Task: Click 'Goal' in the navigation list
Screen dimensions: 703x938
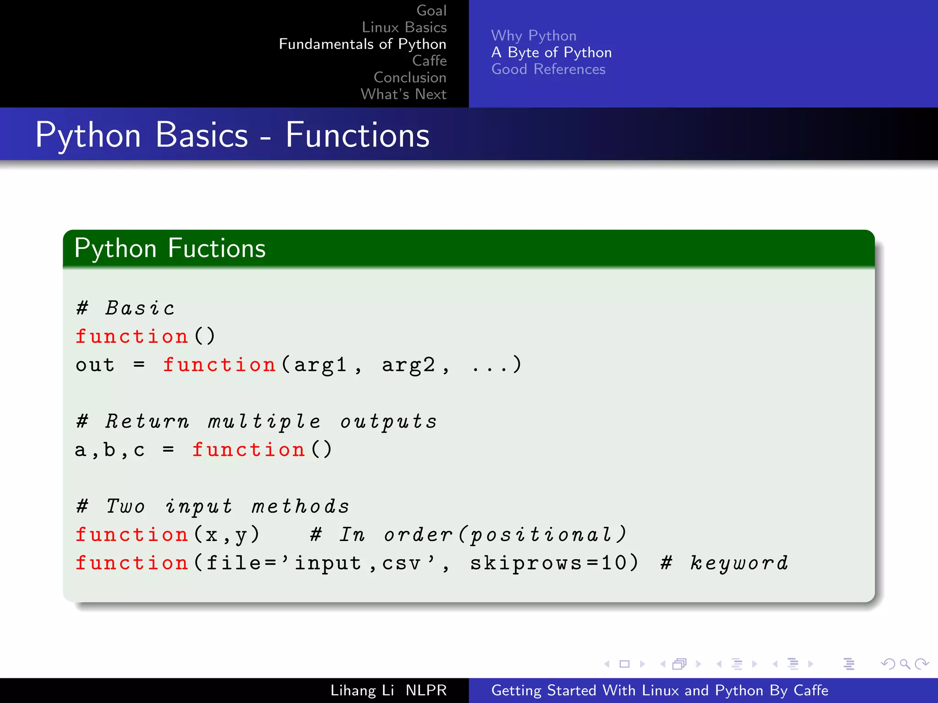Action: (x=431, y=11)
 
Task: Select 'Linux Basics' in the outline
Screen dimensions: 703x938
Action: (x=404, y=27)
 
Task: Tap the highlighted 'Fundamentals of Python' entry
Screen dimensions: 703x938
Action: (x=362, y=44)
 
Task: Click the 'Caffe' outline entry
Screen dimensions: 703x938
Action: (x=429, y=60)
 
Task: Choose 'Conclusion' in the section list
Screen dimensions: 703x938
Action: (x=409, y=77)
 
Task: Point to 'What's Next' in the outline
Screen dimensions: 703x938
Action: (x=403, y=94)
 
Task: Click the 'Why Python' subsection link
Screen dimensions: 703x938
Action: (x=534, y=36)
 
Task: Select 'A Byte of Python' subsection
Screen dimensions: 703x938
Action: (x=551, y=53)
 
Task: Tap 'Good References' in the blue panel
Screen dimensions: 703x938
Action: (x=548, y=69)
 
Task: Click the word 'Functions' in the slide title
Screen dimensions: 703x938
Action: (x=357, y=135)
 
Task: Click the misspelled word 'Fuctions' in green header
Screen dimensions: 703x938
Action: (x=217, y=249)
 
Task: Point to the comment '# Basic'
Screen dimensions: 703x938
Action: (x=125, y=308)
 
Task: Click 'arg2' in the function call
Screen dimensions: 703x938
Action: (x=409, y=365)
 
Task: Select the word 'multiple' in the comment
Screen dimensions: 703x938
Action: (x=264, y=422)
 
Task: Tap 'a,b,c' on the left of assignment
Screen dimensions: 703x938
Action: (x=110, y=450)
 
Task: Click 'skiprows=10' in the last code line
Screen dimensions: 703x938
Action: (x=549, y=563)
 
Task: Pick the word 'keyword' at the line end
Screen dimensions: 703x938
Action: (x=739, y=563)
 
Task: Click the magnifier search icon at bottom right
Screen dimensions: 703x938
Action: (x=905, y=664)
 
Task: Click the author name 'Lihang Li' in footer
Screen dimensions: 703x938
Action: (x=362, y=690)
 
